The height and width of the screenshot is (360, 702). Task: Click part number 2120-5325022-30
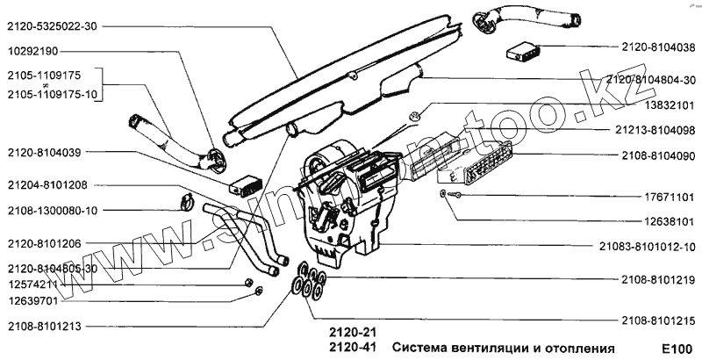pyautogui.click(x=52, y=27)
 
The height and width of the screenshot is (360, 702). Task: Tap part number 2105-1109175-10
pyautogui.click(x=52, y=94)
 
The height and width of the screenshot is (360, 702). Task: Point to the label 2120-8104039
pyautogui.click(x=43, y=153)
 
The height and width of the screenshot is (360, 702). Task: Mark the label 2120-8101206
pyautogui.click(x=43, y=242)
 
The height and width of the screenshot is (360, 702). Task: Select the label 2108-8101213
pyautogui.click(x=43, y=326)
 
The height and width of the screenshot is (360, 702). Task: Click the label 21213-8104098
pyautogui.click(x=656, y=130)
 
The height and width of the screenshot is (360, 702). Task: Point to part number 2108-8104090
pyautogui.click(x=657, y=155)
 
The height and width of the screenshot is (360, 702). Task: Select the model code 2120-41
pyautogui.click(x=353, y=348)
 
